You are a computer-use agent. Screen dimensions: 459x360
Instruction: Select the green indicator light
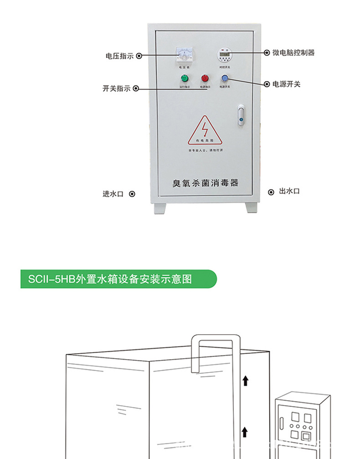pyautogui.click(x=184, y=78)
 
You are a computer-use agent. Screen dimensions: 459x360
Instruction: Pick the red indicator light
pyautogui.click(x=205, y=78)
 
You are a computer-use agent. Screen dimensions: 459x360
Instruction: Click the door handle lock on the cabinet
pyautogui.click(x=241, y=115)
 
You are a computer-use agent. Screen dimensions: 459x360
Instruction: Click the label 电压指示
pyautogui.click(x=119, y=56)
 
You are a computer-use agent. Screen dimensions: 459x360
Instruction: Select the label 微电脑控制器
pyautogui.click(x=293, y=52)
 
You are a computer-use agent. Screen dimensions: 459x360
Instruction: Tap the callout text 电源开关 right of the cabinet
pyautogui.click(x=286, y=84)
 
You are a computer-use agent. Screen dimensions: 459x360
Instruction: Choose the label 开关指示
pyautogui.click(x=116, y=88)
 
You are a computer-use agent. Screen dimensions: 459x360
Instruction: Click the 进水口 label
pyautogui.click(x=113, y=194)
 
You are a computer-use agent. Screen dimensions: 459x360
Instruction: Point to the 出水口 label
pyautogui.click(x=289, y=191)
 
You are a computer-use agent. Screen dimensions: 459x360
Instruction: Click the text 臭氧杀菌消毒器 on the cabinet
pyautogui.click(x=205, y=183)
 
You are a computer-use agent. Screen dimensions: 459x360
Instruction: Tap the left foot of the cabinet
pyautogui.click(x=159, y=208)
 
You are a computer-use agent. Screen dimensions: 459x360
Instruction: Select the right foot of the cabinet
pyautogui.click(x=252, y=207)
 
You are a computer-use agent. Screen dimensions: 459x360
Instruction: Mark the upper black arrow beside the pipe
pyautogui.click(x=245, y=380)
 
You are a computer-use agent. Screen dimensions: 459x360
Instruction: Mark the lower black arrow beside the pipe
pyautogui.click(x=245, y=431)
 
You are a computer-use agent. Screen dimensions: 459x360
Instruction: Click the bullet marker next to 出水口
pyautogui.click(x=271, y=192)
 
